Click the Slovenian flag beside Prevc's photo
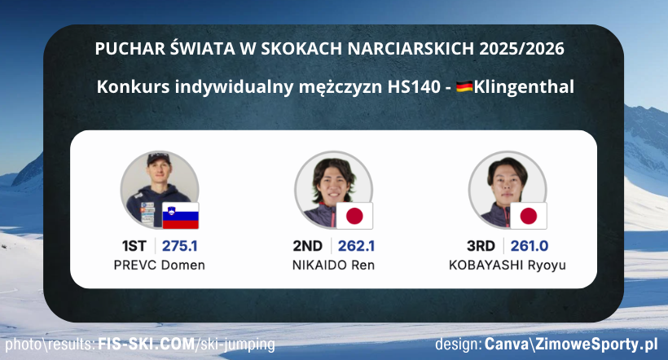[x=181, y=215]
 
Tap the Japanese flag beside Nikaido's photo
[x=354, y=215]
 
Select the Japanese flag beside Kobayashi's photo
[x=529, y=215]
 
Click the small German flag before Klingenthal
[x=464, y=86]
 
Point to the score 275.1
[x=180, y=246]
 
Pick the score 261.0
[x=530, y=246]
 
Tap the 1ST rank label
[x=136, y=246]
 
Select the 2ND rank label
[x=308, y=246]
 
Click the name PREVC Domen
[x=160, y=266]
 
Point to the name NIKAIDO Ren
[x=334, y=266]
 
